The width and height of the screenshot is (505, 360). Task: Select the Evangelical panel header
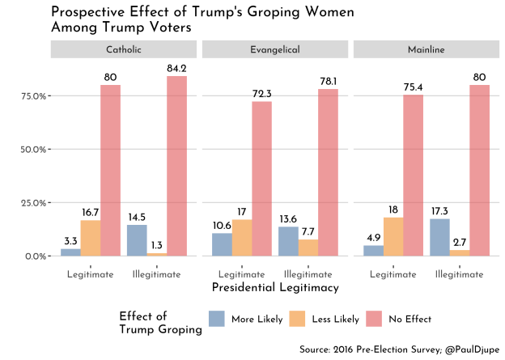click(x=275, y=50)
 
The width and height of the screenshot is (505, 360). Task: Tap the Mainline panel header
click(x=426, y=50)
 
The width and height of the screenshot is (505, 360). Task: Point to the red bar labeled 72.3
click(x=261, y=179)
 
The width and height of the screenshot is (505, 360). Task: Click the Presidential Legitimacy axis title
click(x=275, y=287)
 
